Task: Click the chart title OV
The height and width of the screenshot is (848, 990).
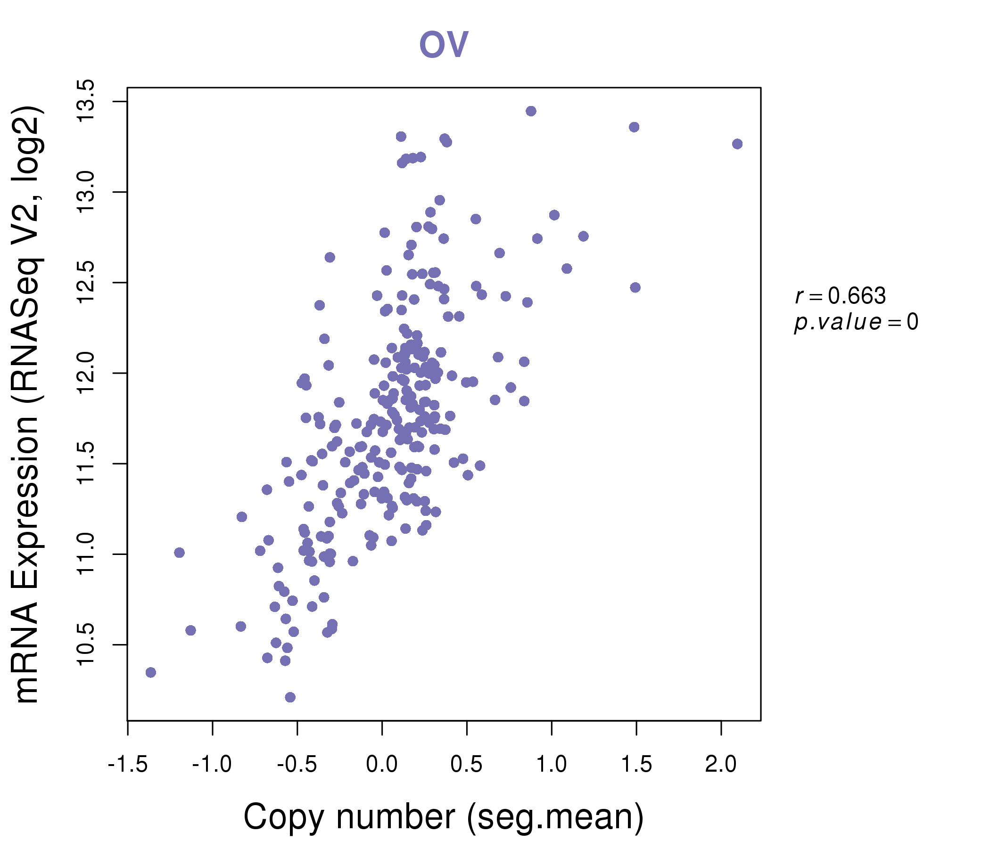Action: click(x=443, y=44)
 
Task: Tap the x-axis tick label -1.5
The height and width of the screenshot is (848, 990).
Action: click(x=128, y=765)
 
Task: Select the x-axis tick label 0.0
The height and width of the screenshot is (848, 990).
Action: click(x=382, y=765)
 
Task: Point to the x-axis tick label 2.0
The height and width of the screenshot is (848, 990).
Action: click(x=720, y=765)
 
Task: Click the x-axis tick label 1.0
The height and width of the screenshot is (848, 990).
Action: click(x=552, y=765)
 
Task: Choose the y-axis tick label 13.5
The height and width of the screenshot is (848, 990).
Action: click(x=86, y=101)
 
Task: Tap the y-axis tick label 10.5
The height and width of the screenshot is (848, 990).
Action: click(x=86, y=644)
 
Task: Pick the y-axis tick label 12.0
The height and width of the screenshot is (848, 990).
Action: click(x=86, y=373)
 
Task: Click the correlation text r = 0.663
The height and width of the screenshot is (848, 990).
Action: click(x=840, y=296)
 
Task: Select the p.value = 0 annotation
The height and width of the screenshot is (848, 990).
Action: click(x=856, y=322)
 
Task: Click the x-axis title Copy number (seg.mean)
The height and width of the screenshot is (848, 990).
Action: click(x=444, y=817)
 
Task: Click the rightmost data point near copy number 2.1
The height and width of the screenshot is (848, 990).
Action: click(x=737, y=144)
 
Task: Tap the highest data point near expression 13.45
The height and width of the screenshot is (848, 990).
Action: click(x=531, y=111)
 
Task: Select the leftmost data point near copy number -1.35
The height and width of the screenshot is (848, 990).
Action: click(x=150, y=672)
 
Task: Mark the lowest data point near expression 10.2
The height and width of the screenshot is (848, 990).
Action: click(x=290, y=697)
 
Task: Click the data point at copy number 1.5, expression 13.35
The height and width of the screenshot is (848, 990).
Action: click(x=634, y=127)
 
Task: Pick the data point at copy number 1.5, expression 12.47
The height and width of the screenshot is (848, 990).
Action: click(x=635, y=287)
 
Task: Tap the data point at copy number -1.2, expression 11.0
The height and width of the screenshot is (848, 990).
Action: click(x=179, y=553)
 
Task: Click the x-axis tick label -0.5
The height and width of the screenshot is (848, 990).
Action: click(x=297, y=765)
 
